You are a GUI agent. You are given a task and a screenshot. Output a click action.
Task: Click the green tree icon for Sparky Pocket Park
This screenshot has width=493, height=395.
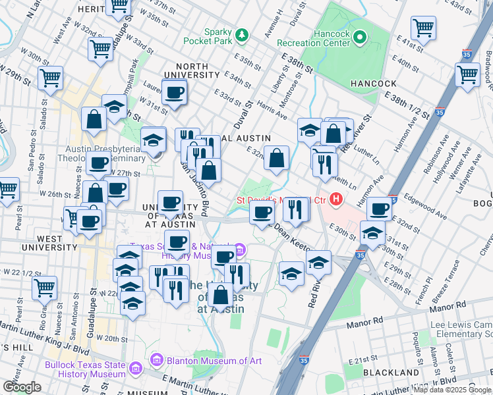point(243,34)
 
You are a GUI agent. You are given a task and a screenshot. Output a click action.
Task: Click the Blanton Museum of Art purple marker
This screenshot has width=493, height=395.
point(157,360)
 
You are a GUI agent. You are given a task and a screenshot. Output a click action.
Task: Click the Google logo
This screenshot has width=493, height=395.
point(22,386)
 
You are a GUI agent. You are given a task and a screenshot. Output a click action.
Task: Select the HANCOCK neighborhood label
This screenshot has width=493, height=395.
point(373,84)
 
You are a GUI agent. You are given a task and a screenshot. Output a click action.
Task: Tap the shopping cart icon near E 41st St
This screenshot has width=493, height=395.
point(423,28)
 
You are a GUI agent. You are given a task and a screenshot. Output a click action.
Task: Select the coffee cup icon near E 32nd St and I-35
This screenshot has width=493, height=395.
point(380,209)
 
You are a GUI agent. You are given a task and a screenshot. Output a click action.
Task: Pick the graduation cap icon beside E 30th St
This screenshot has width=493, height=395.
point(372,234)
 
